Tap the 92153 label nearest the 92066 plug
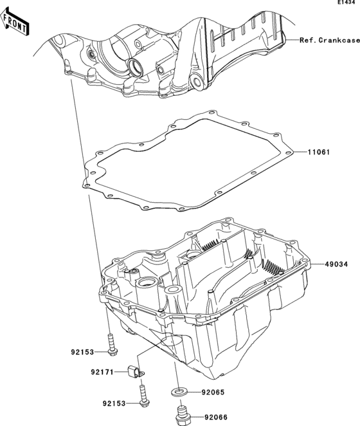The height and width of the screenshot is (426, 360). tap(114, 403)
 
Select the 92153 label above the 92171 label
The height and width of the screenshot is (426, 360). tap(83, 352)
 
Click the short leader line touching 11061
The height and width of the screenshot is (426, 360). tap(301, 153)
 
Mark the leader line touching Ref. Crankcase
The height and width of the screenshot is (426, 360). tap(291, 41)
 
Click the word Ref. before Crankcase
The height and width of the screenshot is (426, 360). tap(307, 41)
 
